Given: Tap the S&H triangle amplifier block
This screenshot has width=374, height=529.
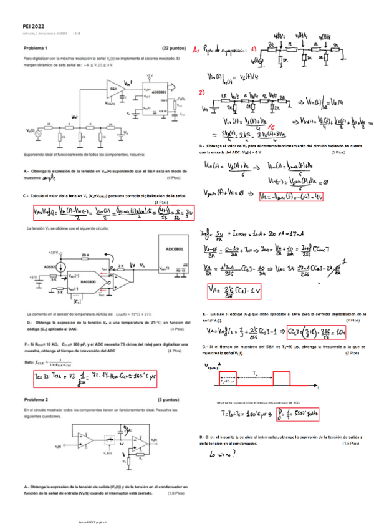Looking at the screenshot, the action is click(x=115, y=90).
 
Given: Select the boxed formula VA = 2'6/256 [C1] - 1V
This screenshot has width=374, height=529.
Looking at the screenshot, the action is click(x=228, y=291).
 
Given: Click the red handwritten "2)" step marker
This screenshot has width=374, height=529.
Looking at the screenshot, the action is click(x=201, y=92).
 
